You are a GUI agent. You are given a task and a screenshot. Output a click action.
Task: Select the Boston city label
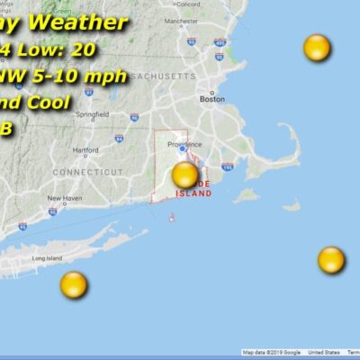click(212, 100)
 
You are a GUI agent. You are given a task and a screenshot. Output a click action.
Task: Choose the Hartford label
click(86, 150)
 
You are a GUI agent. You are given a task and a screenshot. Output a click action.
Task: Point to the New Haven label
click(65, 198)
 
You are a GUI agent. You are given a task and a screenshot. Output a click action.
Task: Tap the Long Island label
click(47, 258)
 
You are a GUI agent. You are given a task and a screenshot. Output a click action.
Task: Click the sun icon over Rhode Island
click(184, 174)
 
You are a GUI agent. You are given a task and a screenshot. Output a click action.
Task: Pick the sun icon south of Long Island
click(74, 285)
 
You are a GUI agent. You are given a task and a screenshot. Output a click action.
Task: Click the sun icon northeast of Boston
click(317, 47)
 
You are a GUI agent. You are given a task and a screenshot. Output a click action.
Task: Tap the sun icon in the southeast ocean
click(331, 260)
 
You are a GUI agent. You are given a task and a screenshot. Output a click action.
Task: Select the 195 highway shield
click(227, 166)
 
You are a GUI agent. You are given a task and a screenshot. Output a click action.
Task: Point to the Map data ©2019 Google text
click(270, 353)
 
